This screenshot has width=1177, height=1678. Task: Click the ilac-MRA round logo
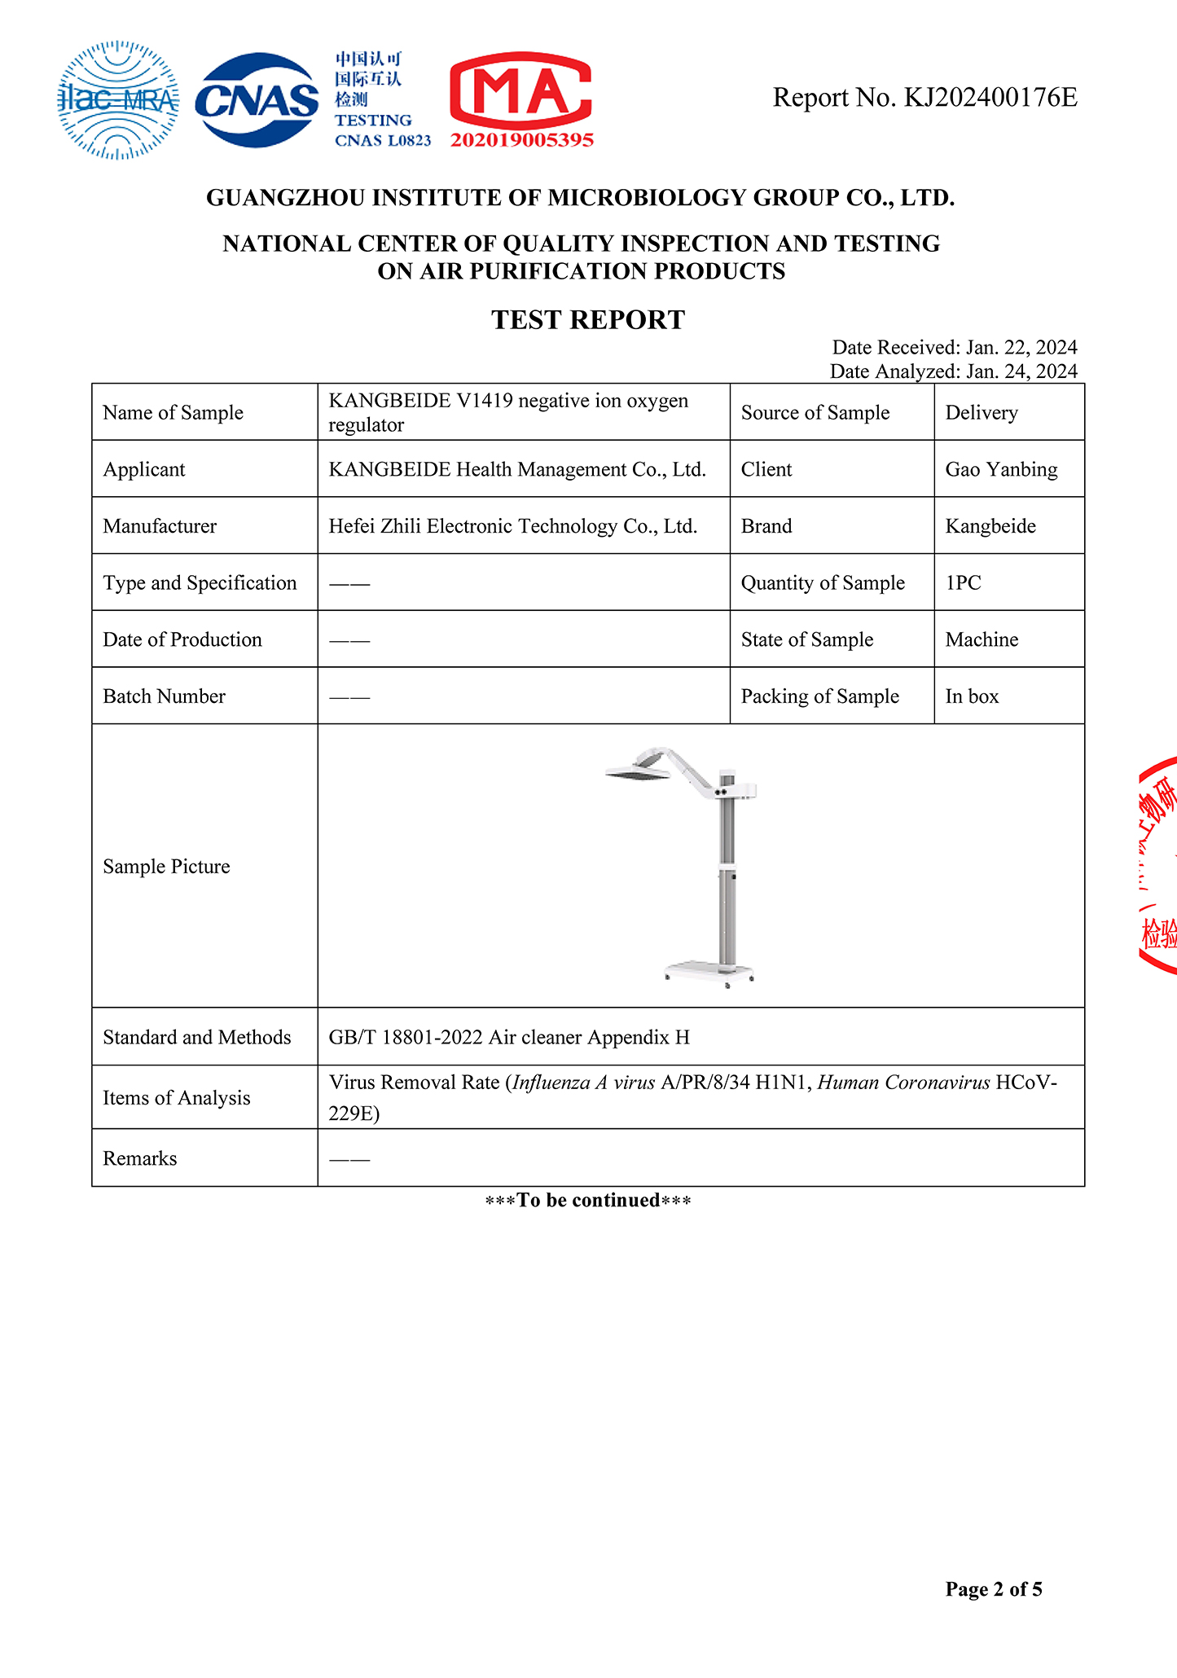(x=118, y=99)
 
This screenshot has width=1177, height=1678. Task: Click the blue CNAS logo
(x=257, y=100)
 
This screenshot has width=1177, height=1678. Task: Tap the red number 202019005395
(x=522, y=140)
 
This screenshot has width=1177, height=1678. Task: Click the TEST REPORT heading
(x=588, y=319)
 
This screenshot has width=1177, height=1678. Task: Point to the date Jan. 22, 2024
(x=1021, y=348)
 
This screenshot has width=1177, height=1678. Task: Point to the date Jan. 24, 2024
(x=1021, y=371)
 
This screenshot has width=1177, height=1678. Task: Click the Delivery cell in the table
(x=982, y=413)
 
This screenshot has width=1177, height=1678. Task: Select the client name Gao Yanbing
(x=1001, y=469)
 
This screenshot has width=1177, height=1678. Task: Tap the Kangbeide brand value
(x=990, y=526)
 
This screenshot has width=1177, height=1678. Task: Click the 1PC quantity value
(x=963, y=583)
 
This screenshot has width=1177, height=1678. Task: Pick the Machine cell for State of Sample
(x=982, y=639)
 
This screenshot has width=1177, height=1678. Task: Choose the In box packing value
(x=972, y=696)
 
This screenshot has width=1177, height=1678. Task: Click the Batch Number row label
(x=165, y=696)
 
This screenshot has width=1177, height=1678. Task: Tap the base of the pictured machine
(x=708, y=970)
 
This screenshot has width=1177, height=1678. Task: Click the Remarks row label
(x=140, y=1158)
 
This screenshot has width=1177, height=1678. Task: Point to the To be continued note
(x=588, y=1200)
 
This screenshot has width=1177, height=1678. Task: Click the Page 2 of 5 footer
(x=993, y=1589)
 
